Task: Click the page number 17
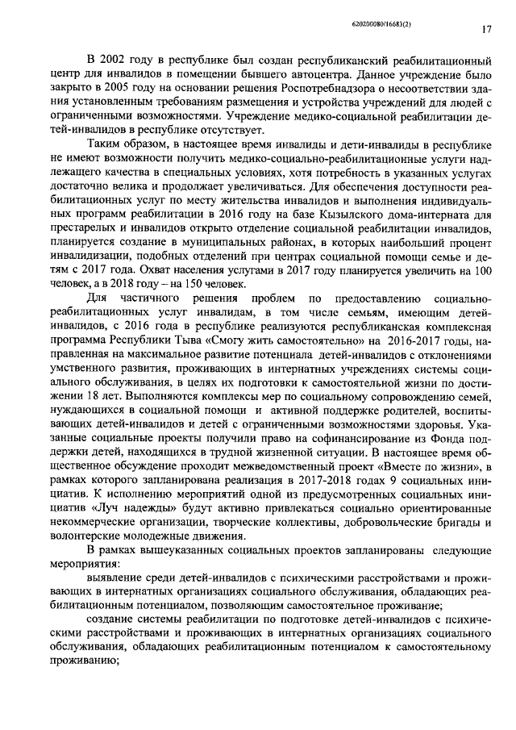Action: tap(486, 29)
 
